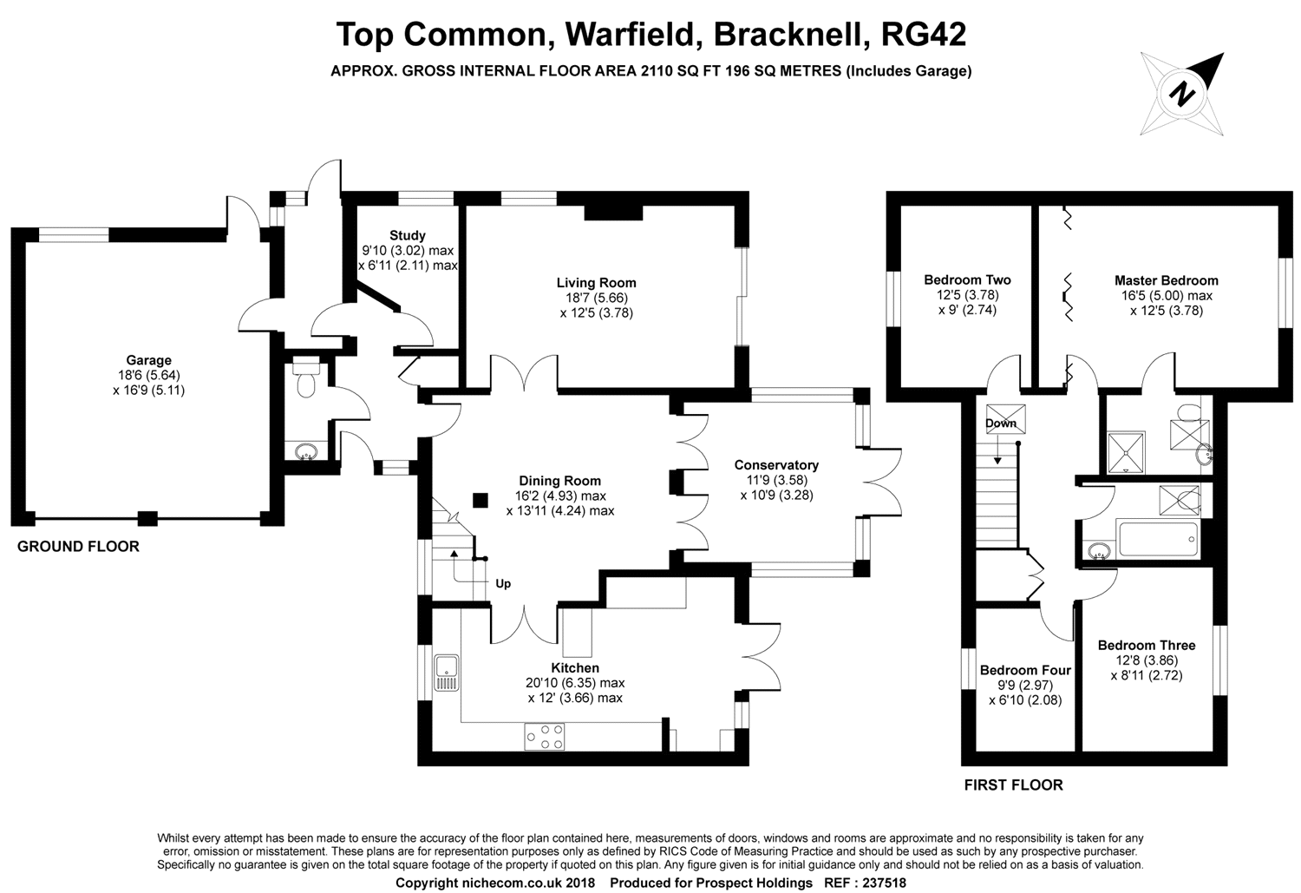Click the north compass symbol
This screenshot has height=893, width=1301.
click(1182, 92)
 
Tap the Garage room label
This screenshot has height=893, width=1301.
click(148, 360)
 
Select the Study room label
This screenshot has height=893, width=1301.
click(407, 235)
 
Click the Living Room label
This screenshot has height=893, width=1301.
click(596, 283)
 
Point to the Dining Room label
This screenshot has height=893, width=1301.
click(559, 481)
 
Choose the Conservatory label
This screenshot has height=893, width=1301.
click(776, 465)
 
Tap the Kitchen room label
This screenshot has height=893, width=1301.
click(575, 668)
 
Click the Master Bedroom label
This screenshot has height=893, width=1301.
click(1166, 280)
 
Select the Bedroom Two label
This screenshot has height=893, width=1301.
click(967, 279)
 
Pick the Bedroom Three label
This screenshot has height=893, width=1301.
click(1146, 645)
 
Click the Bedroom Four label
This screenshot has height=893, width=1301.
click(1025, 670)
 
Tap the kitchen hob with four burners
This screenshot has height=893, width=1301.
click(544, 737)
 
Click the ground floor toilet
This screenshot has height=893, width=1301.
click(305, 378)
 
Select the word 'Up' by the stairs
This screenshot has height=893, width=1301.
click(503, 583)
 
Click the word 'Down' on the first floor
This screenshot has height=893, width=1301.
click(1000, 424)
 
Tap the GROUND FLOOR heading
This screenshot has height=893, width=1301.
click(78, 547)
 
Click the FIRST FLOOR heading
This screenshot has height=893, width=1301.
click(1013, 785)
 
